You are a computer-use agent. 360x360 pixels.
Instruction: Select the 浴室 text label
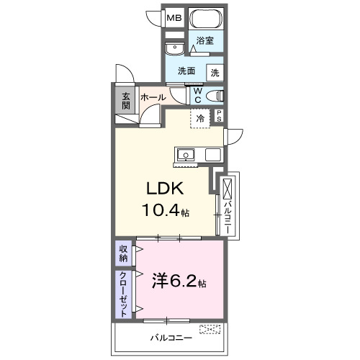click(205, 42)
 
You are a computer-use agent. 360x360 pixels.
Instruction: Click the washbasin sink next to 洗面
click(174, 48)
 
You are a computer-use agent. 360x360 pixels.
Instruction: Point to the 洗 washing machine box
click(215, 72)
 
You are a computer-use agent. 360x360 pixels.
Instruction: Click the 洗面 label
click(187, 72)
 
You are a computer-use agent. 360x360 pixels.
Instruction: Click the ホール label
click(153, 97)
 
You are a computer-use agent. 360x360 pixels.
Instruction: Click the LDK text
click(166, 189)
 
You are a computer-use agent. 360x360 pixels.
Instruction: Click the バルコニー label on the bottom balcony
click(170, 337)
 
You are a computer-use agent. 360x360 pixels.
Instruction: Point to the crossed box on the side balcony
click(228, 190)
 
